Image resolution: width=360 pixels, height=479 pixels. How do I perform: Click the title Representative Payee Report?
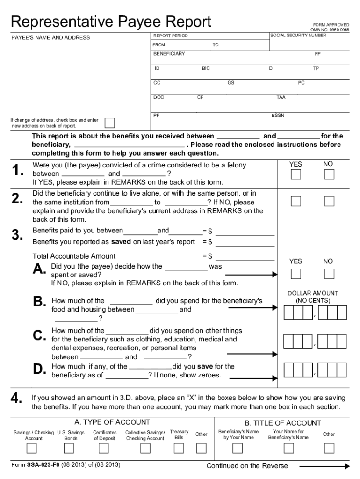tap(111, 22)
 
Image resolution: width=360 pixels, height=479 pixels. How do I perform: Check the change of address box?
tap(109, 123)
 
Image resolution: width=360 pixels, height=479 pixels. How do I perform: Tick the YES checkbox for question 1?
tap(296, 174)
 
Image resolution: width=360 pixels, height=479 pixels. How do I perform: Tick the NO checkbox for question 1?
tap(330, 174)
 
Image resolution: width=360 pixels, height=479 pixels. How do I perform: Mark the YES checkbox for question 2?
tap(296, 201)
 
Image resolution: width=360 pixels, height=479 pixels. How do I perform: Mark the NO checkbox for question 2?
tap(330, 201)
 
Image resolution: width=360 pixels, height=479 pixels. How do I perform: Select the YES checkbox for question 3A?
tap(296, 274)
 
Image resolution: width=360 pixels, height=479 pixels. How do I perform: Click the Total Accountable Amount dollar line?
tap(245, 256)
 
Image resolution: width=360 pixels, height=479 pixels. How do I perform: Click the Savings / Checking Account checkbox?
tap(32, 449)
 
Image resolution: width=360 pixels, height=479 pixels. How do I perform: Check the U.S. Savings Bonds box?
tap(69, 449)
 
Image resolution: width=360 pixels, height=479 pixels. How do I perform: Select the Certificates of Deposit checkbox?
tap(104, 449)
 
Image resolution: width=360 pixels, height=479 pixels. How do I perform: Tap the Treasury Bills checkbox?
tap(179, 449)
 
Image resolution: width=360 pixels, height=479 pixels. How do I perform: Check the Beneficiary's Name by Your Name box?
tap(238, 449)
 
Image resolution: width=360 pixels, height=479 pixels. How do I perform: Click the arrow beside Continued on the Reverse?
tap(324, 466)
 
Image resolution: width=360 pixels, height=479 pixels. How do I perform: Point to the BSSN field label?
tap(278, 115)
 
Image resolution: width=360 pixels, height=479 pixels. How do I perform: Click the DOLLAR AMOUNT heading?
tap(313, 293)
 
